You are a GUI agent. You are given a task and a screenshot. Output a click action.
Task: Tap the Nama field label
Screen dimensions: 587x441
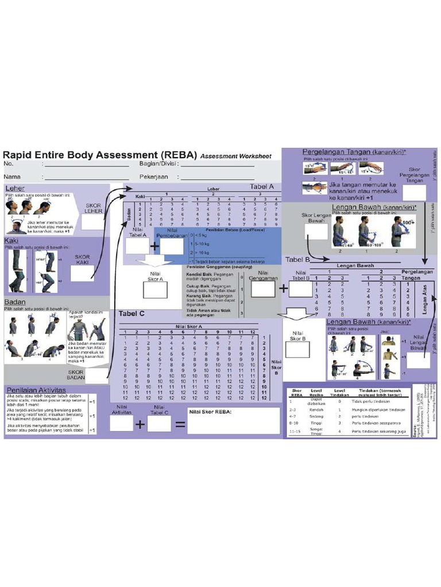pyautogui.click(x=13, y=177)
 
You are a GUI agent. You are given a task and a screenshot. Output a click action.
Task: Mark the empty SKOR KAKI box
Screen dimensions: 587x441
pyautogui.click(x=82, y=273)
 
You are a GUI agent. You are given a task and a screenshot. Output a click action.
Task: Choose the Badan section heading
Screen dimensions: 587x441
pyautogui.click(x=15, y=301)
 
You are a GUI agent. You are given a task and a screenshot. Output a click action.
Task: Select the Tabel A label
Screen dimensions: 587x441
pyautogui.click(x=262, y=187)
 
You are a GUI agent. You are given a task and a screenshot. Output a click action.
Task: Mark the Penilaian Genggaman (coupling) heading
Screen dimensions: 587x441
pyautogui.click(x=211, y=266)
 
